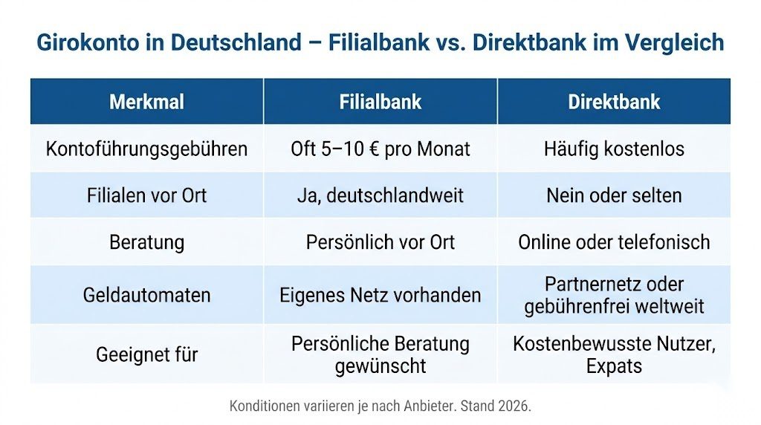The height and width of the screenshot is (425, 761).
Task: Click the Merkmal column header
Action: [x=146, y=102]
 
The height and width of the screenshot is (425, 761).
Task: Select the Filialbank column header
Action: [x=380, y=102]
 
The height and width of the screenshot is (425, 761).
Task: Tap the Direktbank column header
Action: [x=614, y=102]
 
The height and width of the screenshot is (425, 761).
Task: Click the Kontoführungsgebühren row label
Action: [x=146, y=149]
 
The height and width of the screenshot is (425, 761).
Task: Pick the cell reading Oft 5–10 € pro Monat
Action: [x=380, y=149]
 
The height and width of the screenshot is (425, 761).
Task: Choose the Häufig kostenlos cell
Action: [x=614, y=149]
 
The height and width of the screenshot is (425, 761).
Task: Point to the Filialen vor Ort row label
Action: [x=146, y=195]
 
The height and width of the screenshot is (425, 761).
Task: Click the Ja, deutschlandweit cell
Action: [x=380, y=195]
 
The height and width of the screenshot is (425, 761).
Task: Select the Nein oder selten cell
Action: [x=614, y=195]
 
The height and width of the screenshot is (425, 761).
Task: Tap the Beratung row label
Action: [x=146, y=242]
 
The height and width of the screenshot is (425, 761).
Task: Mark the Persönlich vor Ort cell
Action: [x=380, y=242]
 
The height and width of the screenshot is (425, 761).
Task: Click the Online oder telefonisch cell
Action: [x=614, y=242]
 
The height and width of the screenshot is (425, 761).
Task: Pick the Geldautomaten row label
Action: [x=146, y=295]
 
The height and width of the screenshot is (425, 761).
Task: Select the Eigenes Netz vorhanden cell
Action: [x=380, y=295]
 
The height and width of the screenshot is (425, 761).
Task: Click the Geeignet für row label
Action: [x=146, y=354]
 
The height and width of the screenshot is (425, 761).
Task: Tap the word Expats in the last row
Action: [x=614, y=366]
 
